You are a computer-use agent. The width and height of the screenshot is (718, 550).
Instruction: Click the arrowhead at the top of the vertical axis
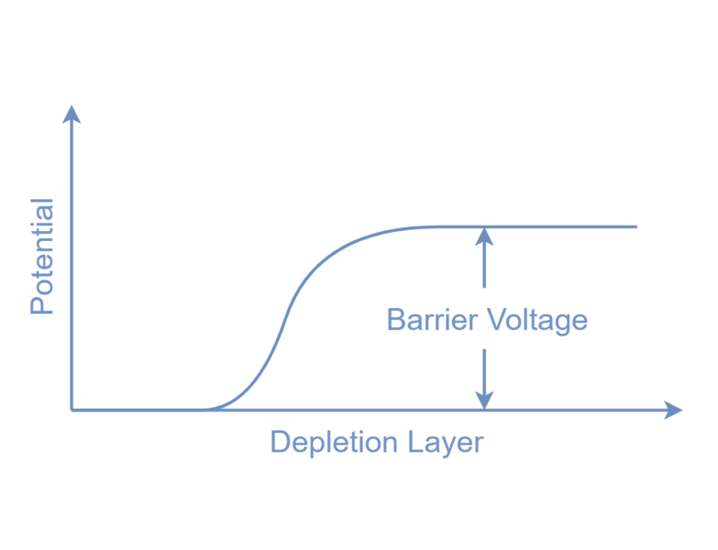(72, 114)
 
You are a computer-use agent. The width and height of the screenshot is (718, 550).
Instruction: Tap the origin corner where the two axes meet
(72, 410)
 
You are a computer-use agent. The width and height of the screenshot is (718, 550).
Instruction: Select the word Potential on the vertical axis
(43, 256)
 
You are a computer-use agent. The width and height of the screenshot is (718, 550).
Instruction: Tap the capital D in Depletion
(280, 443)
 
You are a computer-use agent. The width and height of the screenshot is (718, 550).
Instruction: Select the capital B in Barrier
(396, 320)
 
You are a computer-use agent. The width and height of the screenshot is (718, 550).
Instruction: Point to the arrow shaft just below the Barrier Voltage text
(484, 362)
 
